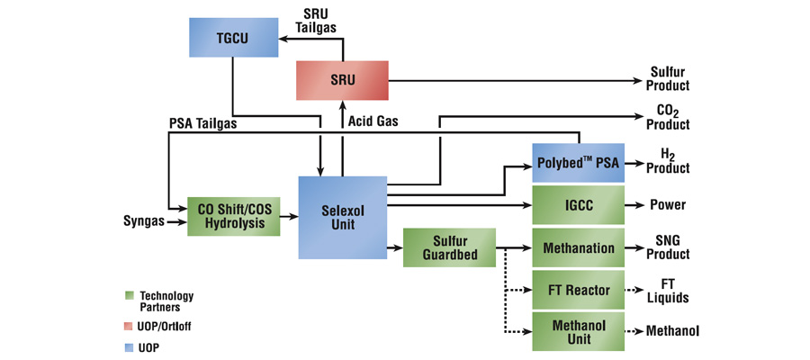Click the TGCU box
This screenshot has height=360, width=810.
pos(232,37)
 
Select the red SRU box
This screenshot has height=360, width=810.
pos(343,80)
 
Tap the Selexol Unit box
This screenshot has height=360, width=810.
pos(342,217)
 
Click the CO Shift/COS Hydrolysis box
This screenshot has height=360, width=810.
pos(232,217)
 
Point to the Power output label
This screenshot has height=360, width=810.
pos(668,205)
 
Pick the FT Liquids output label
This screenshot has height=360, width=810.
pos(668,290)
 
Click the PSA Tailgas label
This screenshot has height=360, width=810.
pos(203,124)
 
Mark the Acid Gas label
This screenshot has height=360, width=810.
pos(373,121)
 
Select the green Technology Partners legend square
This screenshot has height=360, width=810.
pos(129,295)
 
